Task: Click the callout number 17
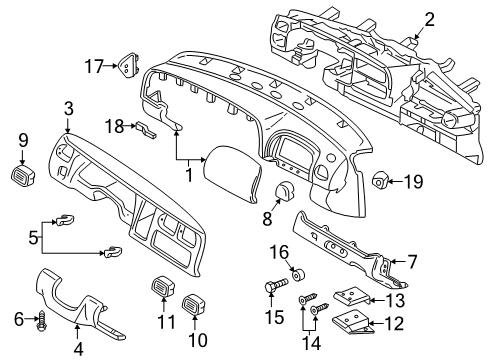click(x=94, y=67)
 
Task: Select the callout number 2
click(x=429, y=19)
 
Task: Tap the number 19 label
click(x=68, y=108)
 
